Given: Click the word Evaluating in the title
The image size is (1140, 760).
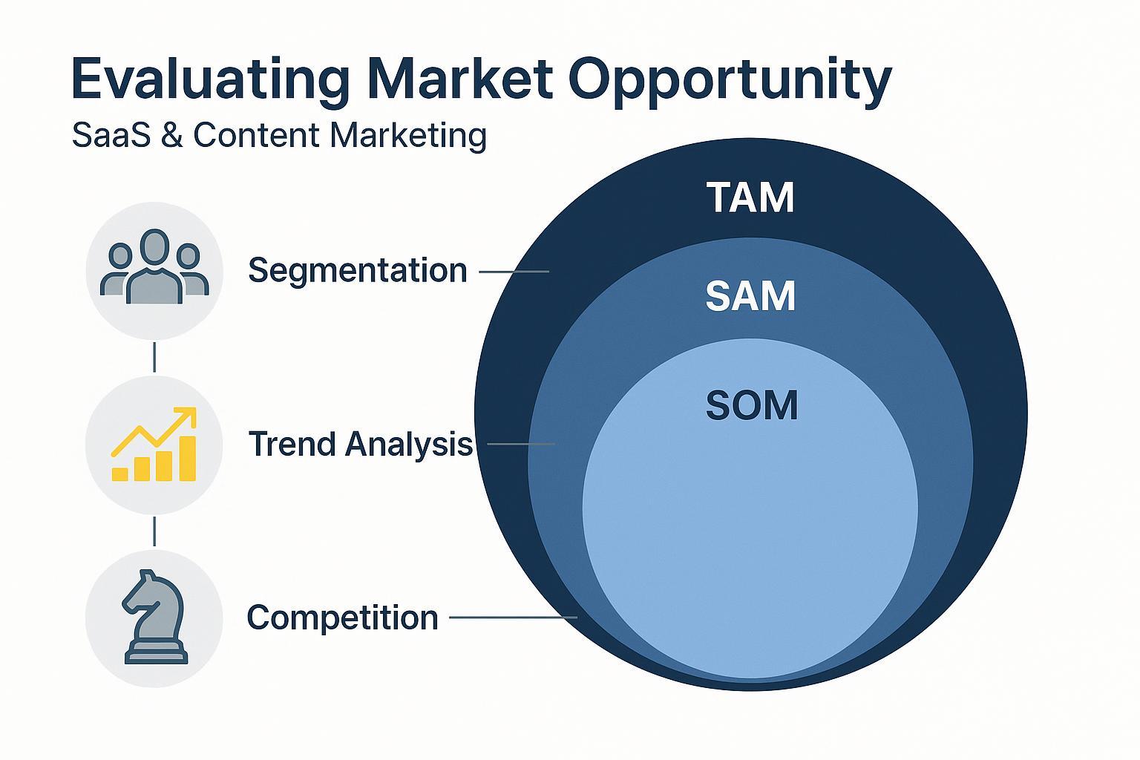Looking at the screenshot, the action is pyautogui.click(x=211, y=79).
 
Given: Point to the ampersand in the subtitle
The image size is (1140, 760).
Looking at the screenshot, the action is pyautogui.click(x=172, y=135).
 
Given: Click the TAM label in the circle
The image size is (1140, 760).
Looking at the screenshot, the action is pyautogui.click(x=750, y=197).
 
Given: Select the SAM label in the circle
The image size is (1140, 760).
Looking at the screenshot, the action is pyautogui.click(x=750, y=295).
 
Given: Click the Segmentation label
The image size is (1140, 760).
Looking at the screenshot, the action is pyautogui.click(x=357, y=270).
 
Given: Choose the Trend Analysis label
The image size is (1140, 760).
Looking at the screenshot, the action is pyautogui.click(x=361, y=444).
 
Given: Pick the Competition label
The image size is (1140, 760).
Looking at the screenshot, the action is pyautogui.click(x=342, y=617).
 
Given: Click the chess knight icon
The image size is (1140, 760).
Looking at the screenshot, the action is pyautogui.click(x=154, y=616).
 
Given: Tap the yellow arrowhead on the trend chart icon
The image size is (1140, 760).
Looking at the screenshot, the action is pyautogui.click(x=186, y=417).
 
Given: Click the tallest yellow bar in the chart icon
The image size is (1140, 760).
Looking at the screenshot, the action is pyautogui.click(x=188, y=458).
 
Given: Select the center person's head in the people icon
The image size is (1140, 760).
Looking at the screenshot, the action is pyautogui.click(x=154, y=247).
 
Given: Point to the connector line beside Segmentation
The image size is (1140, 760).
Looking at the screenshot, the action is pyautogui.click(x=514, y=272).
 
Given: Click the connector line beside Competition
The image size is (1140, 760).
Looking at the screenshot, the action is pyautogui.click(x=513, y=617).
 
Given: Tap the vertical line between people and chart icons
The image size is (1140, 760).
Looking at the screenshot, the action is pyautogui.click(x=154, y=357).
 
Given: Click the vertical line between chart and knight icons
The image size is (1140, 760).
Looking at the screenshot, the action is pyautogui.click(x=154, y=531).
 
